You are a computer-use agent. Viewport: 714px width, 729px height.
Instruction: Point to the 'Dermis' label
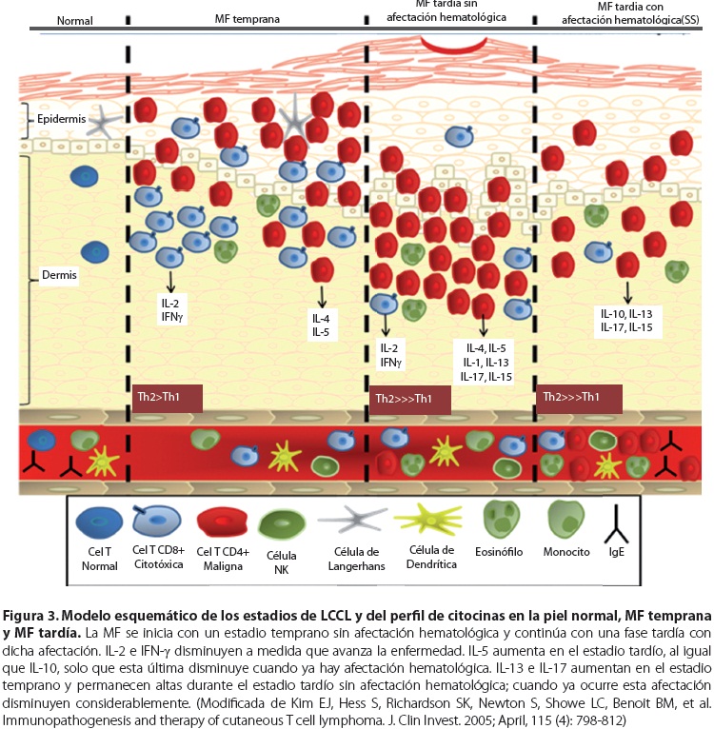pyautogui.click(x=58, y=276)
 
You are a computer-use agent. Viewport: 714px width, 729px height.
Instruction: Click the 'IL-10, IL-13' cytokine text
pyautogui.click(x=625, y=314)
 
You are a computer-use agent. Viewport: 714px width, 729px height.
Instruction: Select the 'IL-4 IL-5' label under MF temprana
pyautogui.click(x=321, y=325)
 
